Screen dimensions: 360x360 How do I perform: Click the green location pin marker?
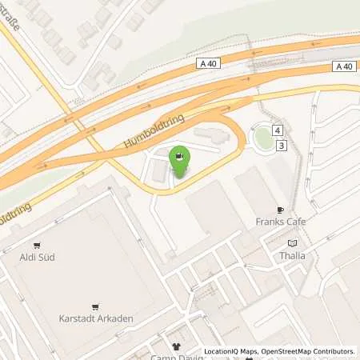tap(181, 162)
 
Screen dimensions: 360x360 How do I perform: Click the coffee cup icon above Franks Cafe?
tap(281, 210)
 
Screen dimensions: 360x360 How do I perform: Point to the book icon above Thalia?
tap(292, 243)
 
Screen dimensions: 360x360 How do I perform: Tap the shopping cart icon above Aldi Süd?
tap(37, 245)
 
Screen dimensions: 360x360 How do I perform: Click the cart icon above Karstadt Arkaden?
tap(96, 306)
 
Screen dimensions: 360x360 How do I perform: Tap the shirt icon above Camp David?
tap(177, 346)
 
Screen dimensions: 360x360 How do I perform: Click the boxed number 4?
tap(278, 130)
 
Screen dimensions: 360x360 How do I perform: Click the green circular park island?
tap(262, 137)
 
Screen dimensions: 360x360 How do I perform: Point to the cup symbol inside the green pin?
tap(181, 156)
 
